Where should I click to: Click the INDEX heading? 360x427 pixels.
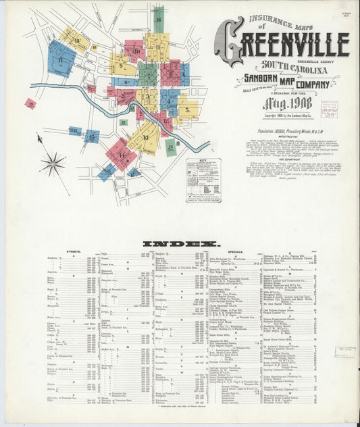[180, 243]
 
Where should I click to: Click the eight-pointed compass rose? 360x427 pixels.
[52, 163]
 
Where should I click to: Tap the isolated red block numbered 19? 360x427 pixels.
[30, 103]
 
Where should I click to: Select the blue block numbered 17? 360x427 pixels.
[61, 59]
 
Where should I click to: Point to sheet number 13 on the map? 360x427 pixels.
[145, 137]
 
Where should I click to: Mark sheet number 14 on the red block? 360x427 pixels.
[122, 155]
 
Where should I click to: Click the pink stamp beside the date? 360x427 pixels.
[329, 110]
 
